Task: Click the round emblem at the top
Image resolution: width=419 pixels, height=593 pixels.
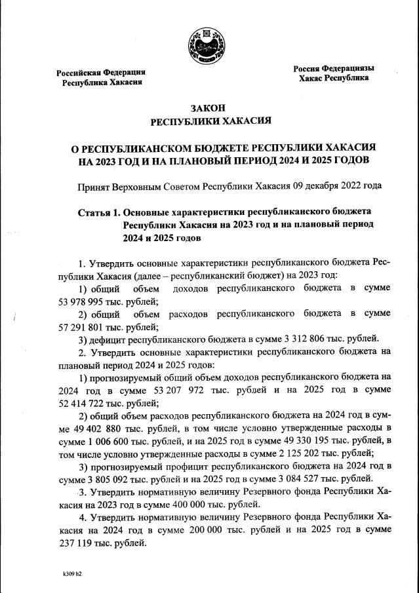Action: pyautogui.click(x=209, y=44)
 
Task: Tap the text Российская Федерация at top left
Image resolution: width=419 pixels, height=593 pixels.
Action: pyautogui.click(x=100, y=72)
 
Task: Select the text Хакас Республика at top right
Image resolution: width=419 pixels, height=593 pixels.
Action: pyautogui.click(x=333, y=78)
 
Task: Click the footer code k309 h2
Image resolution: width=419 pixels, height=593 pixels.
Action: pyautogui.click(x=72, y=573)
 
